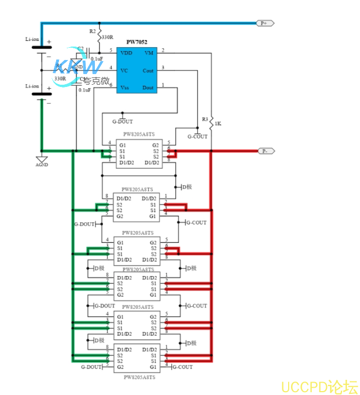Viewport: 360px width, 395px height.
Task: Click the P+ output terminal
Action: pos(265,23)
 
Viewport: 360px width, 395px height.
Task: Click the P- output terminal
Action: pos(265,151)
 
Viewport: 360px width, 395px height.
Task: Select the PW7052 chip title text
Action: pos(136,42)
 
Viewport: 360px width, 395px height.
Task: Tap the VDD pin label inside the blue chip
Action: pos(126,52)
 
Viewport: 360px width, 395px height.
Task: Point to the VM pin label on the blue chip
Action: pos(149,52)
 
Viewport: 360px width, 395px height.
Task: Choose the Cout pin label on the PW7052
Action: pos(148,71)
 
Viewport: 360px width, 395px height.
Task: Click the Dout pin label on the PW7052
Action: pos(148,88)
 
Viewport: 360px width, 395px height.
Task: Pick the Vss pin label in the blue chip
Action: pos(125,88)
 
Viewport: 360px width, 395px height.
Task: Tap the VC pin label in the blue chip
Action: pos(124,70)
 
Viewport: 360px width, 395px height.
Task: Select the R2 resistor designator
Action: pos(93,31)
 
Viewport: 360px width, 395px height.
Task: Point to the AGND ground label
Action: pos(42,165)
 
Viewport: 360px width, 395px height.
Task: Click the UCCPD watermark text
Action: pos(319,387)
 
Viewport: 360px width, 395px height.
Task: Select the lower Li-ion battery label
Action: pos(32,86)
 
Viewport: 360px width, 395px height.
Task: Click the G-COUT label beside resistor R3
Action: pos(197,136)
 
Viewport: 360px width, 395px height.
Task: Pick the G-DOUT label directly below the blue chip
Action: pos(123,121)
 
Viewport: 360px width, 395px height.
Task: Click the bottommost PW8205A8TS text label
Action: pos(139,378)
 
